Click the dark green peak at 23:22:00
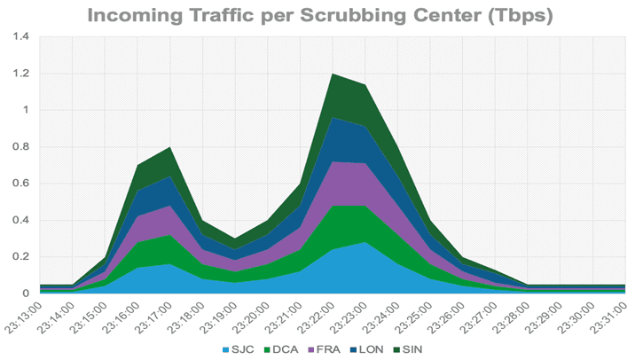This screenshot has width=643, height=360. point(332,75)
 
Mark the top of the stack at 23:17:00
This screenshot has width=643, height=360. point(169,149)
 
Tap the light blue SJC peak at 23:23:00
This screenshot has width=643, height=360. point(365,243)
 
